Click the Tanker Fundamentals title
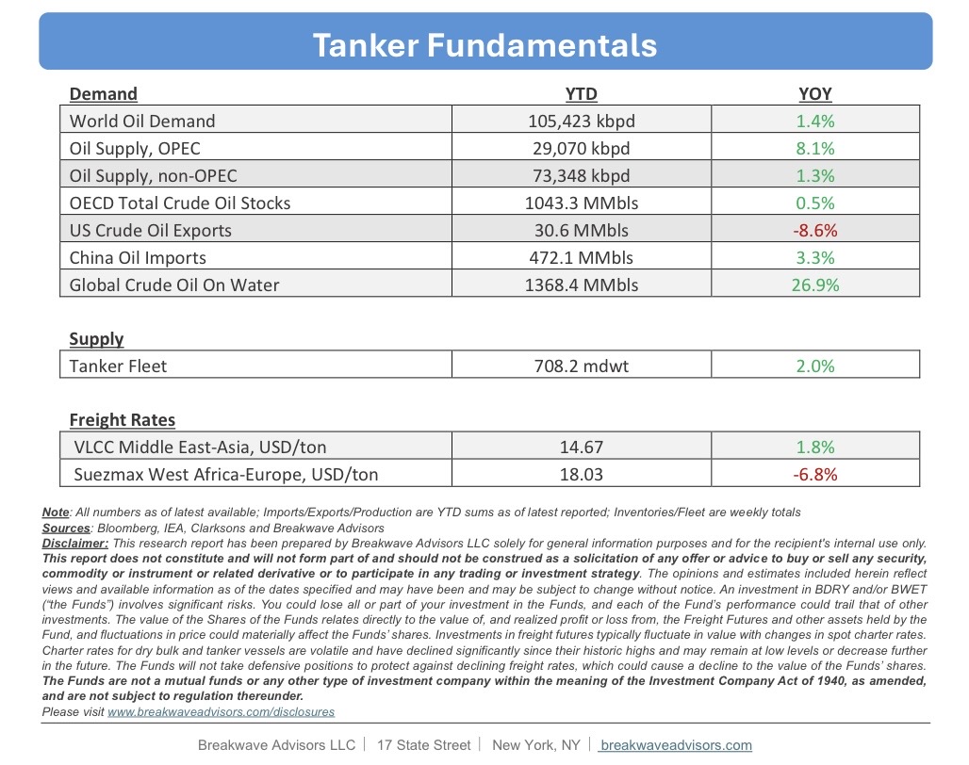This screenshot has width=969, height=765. pos(484,44)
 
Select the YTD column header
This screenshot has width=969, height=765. pos(581,93)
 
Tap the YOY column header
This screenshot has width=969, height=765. pos(814,93)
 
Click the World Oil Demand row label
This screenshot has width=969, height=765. pos(142,121)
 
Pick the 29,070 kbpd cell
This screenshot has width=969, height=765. pos(581,148)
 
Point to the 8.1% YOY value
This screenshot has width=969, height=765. pos(815,148)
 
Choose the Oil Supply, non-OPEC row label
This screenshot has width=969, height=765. pos(154,175)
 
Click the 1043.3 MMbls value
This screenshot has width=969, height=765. pos(581,203)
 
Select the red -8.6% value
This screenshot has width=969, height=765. pos(815,230)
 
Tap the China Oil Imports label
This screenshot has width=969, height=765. pos(138,257)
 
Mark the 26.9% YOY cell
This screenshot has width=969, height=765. pos(815,285)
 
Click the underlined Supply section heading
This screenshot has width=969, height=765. pos(96,338)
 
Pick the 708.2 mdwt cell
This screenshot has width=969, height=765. pos(581,366)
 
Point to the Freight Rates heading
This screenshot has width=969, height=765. pos(123,420)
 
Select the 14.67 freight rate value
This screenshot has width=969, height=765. pos(581,448)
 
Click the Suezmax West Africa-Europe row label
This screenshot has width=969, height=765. pos(226,475)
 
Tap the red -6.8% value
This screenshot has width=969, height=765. pos(815,475)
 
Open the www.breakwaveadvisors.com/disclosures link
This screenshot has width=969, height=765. pos(222,712)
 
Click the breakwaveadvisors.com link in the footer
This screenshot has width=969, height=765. pos(676,745)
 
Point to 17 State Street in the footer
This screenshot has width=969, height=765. pos(423,745)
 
